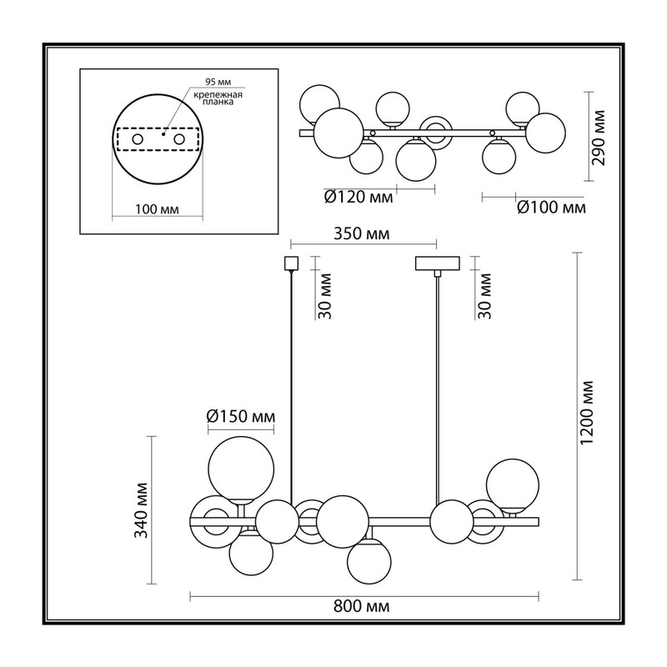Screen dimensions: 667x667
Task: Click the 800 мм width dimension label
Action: point(362,606)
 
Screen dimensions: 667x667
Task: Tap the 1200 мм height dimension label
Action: point(587,413)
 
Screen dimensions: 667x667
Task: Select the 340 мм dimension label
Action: point(141,510)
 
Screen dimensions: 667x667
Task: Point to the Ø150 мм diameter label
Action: point(241,416)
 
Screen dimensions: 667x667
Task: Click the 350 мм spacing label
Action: point(362,233)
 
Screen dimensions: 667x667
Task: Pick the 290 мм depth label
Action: point(598,138)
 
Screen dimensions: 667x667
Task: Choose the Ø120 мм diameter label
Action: point(359,197)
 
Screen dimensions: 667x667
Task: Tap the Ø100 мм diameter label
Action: point(551,208)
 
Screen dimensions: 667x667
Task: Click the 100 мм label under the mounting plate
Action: point(157,209)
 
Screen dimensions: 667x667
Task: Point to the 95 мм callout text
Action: point(218,82)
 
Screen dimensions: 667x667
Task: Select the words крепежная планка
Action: point(218,98)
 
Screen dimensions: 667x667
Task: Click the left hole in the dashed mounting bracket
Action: point(138,139)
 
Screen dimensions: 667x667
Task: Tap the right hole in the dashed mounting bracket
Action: point(179,139)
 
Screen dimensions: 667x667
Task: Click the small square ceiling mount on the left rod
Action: point(291,263)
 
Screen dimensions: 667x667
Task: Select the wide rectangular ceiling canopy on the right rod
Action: point(438,263)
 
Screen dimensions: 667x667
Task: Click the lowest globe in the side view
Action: point(369,562)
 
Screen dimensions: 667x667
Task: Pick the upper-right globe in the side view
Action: point(513,485)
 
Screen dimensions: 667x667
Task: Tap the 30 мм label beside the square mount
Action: point(324,296)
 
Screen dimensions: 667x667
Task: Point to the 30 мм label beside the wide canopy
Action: point(484,296)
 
